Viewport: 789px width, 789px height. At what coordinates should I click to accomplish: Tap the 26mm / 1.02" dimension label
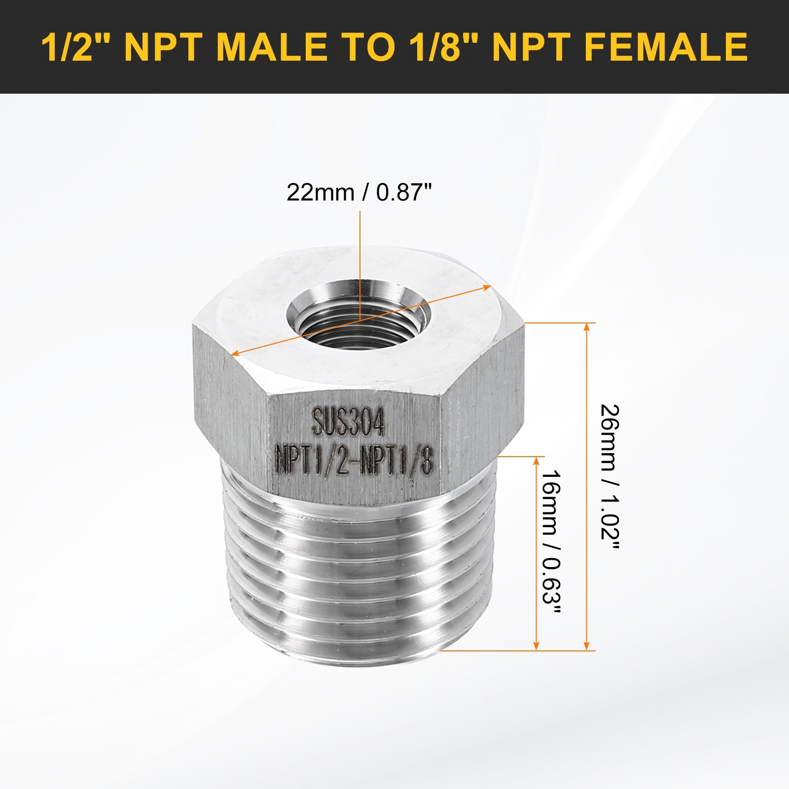(610, 478)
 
